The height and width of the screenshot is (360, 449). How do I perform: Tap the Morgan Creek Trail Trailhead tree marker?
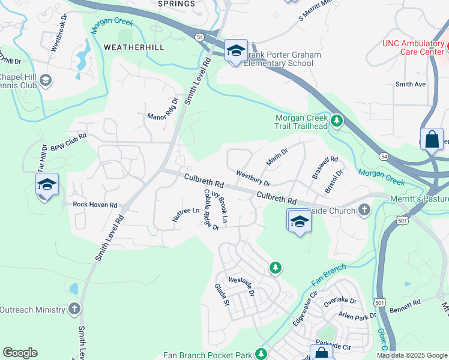(x=337, y=122)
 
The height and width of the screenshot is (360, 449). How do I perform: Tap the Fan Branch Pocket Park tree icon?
(x=261, y=355)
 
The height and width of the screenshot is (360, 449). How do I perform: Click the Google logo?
(x=20, y=353)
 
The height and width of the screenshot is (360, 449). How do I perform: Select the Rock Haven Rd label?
(x=95, y=205)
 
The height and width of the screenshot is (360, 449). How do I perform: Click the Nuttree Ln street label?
(x=185, y=215)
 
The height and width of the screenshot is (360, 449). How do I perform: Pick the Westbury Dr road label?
(x=253, y=178)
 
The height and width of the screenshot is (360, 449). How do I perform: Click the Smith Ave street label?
(x=411, y=85)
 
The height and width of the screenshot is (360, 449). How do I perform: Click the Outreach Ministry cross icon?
(x=74, y=309)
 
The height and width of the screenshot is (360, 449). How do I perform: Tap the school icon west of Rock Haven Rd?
(x=46, y=184)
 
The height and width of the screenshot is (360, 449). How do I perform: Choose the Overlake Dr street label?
(x=340, y=300)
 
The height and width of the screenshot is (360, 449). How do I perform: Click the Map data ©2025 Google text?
(x=412, y=355)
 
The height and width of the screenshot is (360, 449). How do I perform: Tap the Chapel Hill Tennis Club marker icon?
(x=45, y=81)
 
